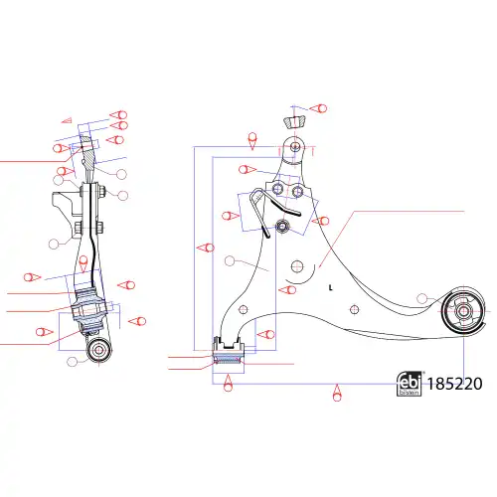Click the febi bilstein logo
pyautogui.click(x=410, y=384)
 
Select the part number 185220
pyautogui.click(x=454, y=384)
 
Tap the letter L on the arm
pyautogui.click(x=330, y=287)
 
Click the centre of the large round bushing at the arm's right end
pyautogui.click(x=463, y=311)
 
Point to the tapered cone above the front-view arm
pyautogui.click(x=294, y=122)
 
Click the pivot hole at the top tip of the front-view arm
pyautogui.click(x=295, y=146)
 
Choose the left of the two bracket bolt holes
pyautogui.click(x=277, y=189)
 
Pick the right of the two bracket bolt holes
pyautogui.click(x=297, y=191)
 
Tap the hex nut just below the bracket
pyautogui.click(x=283, y=227)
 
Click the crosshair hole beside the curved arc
pyautogui.click(x=297, y=266)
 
